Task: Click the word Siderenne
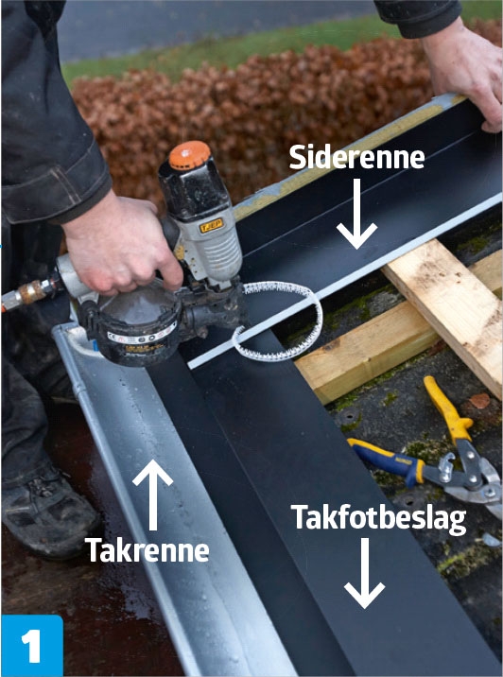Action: [356, 158]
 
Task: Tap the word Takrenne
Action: [147, 550]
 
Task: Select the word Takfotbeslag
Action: [378, 519]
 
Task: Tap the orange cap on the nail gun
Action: [189, 154]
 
